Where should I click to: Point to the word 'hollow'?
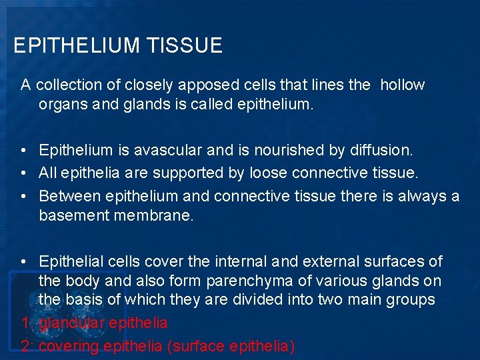click(x=403, y=85)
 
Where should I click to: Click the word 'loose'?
click(x=271, y=173)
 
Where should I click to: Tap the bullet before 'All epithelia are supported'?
click(x=24, y=173)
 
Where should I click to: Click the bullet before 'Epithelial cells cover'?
click(x=24, y=261)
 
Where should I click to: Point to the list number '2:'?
click(x=27, y=347)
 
